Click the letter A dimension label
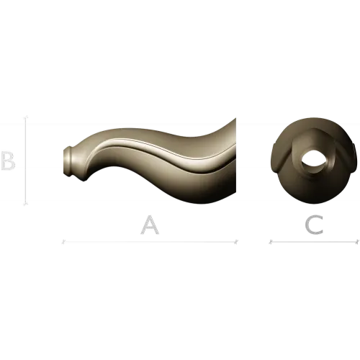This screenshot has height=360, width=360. (x=150, y=225)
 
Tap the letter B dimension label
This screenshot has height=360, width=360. (x=8, y=161)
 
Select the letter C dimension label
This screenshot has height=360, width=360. (x=314, y=225)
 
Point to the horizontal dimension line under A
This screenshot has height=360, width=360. (x=150, y=242)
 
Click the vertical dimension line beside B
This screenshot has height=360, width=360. (x=26, y=161)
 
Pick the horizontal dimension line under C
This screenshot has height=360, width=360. (x=314, y=242)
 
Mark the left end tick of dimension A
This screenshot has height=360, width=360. (x=63, y=242)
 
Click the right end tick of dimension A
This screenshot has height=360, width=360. (x=236, y=242)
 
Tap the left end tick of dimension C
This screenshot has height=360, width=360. (x=271, y=242)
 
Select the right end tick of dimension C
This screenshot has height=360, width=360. (x=357, y=242)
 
